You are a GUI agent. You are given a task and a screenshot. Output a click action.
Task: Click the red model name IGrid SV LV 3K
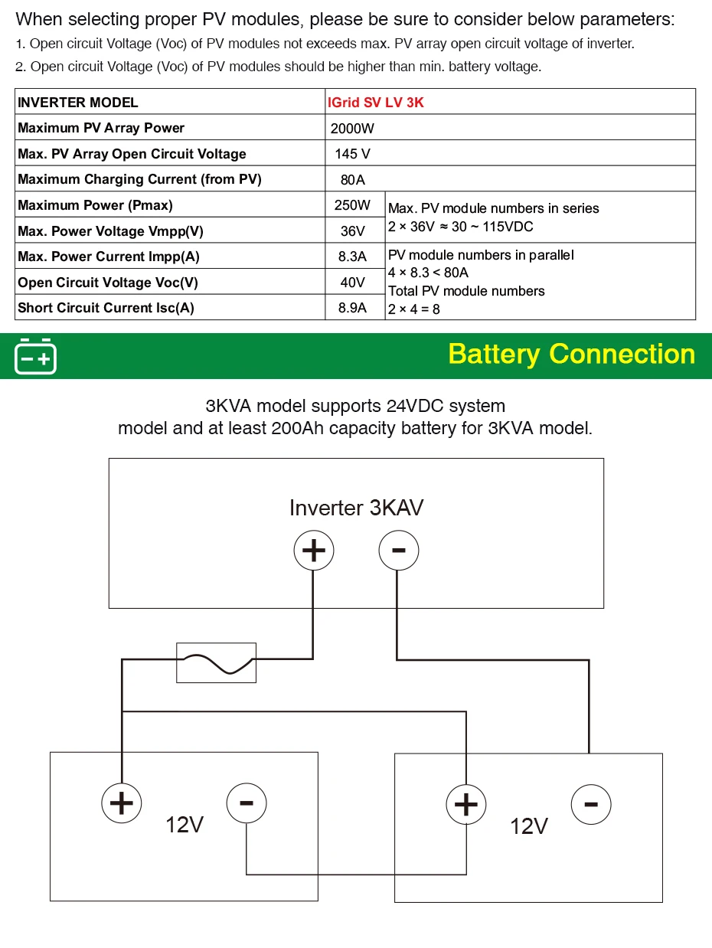point(375,103)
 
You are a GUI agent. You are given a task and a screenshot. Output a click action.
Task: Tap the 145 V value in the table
point(352,154)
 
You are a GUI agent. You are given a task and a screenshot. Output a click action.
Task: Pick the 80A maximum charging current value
point(352,180)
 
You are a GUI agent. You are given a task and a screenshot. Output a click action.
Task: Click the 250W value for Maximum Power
point(352,205)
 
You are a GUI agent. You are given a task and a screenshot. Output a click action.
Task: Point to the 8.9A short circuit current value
point(352,308)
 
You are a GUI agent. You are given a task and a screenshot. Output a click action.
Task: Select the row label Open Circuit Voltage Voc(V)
point(108,283)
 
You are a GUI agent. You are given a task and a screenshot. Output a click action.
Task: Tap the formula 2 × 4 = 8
point(413,309)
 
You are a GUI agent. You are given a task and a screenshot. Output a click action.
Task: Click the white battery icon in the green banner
point(35,357)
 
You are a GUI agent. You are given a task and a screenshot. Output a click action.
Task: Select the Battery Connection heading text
point(572,355)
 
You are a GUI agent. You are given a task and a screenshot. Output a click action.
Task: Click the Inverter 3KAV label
point(356,508)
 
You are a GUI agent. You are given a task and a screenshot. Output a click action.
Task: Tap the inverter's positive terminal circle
point(313,551)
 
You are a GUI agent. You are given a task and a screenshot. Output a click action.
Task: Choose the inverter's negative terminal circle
point(399,551)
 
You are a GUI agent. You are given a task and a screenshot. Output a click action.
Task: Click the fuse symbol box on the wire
point(217,663)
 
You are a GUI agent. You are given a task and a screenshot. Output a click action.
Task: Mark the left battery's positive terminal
point(121,803)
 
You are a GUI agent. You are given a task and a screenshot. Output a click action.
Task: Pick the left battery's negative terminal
point(247,803)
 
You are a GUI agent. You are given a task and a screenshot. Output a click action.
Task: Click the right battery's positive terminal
point(466,805)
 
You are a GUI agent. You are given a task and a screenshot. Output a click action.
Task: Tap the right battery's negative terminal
point(591,804)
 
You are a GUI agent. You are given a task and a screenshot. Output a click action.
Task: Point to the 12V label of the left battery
point(185,825)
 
